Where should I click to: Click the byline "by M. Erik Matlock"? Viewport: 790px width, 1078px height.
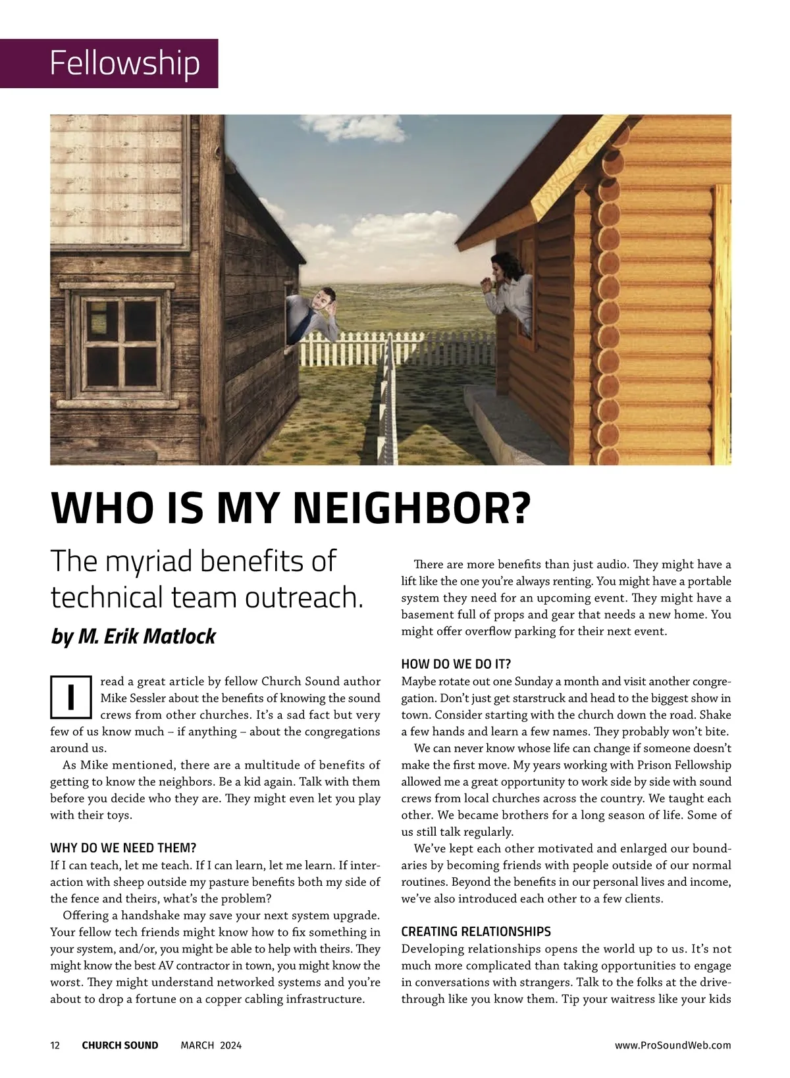(x=133, y=636)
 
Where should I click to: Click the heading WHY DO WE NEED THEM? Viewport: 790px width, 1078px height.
(x=123, y=847)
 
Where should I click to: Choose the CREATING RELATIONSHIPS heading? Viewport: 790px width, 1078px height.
(x=475, y=931)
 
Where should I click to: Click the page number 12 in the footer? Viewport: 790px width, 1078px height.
(x=55, y=1045)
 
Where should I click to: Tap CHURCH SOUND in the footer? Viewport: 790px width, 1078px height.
(x=120, y=1045)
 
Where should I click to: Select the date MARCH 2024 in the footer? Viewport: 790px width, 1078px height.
(x=211, y=1045)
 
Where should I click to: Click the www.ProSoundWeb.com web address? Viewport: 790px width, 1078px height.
(x=672, y=1045)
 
